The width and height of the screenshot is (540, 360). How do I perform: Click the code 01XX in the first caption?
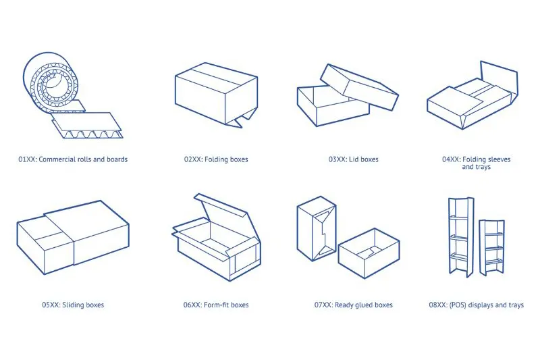point(27,159)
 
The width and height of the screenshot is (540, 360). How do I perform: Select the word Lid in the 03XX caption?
point(354,159)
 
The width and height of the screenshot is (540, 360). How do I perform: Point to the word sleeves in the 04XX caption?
point(498,159)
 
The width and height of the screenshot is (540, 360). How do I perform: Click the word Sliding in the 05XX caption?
point(73,305)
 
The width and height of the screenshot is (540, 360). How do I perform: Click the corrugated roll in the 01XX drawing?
point(52,78)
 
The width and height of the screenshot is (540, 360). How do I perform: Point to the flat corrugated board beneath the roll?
point(87,125)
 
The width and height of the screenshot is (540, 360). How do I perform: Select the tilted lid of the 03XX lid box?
point(359,87)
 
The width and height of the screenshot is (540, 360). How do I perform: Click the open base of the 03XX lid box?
point(332,106)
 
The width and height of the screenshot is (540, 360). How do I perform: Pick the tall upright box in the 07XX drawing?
point(317,229)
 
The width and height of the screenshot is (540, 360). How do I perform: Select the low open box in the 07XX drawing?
point(369,253)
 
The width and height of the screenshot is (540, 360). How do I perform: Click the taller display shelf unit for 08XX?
point(461,237)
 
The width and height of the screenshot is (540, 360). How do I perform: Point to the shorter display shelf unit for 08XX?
point(492,247)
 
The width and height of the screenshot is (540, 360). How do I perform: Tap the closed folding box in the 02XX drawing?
point(216,95)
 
